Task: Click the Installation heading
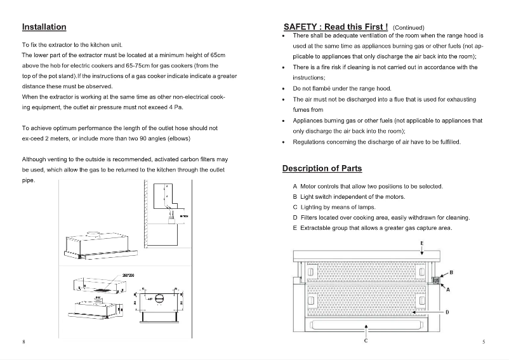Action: pos(44,27)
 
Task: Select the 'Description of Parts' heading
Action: pos(322,168)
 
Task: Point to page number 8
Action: pos(23,342)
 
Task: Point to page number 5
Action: pos(484,342)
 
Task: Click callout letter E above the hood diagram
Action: pos(422,244)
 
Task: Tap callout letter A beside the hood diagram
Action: pos(448,290)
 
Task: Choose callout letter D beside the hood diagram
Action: pos(447,312)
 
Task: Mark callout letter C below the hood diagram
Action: pos(366,342)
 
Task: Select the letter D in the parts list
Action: pos(295,218)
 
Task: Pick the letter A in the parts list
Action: pos(295,186)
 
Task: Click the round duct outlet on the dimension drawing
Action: pos(159,296)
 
